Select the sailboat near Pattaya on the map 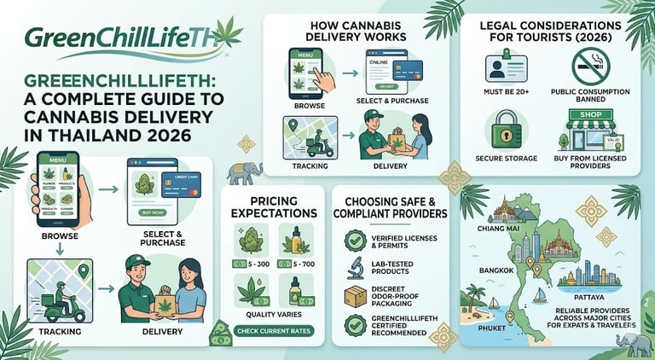[539, 296]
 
